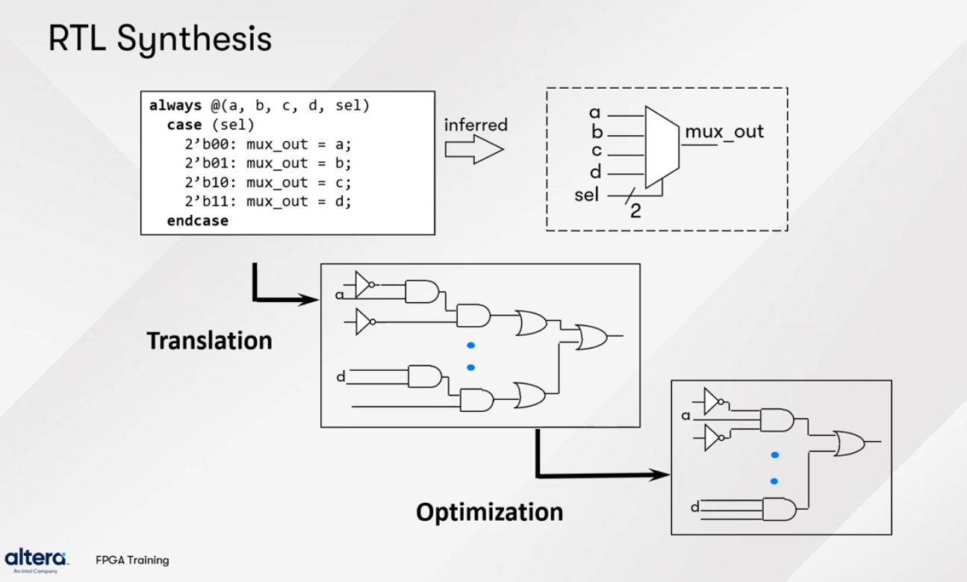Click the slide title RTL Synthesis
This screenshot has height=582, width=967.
(x=160, y=40)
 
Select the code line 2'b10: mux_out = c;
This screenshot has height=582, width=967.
(x=268, y=182)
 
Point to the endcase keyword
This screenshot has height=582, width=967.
(x=198, y=221)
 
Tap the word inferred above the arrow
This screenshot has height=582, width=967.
(x=476, y=125)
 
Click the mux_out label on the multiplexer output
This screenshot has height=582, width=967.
(x=724, y=132)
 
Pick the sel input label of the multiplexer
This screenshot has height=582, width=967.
(x=588, y=195)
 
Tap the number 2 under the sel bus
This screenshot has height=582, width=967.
(x=635, y=212)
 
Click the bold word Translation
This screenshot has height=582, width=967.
(x=209, y=341)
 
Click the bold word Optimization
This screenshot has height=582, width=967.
(x=489, y=513)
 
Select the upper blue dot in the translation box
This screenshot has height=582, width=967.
(x=470, y=345)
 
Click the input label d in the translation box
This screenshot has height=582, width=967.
(x=341, y=377)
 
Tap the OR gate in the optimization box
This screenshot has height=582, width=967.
(x=849, y=443)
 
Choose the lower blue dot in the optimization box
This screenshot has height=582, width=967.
(x=774, y=481)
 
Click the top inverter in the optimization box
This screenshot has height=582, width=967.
(x=713, y=401)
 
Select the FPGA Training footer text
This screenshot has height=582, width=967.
(x=132, y=560)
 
